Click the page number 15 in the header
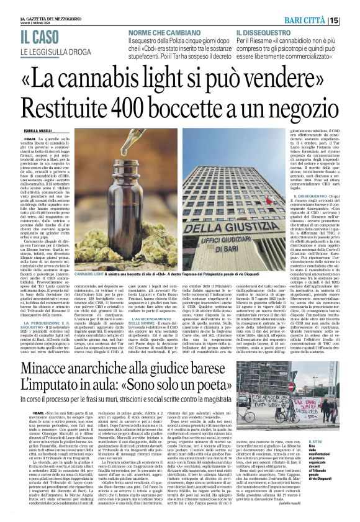click(x=352, y=20)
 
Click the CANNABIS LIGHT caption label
click(x=94, y=273)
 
